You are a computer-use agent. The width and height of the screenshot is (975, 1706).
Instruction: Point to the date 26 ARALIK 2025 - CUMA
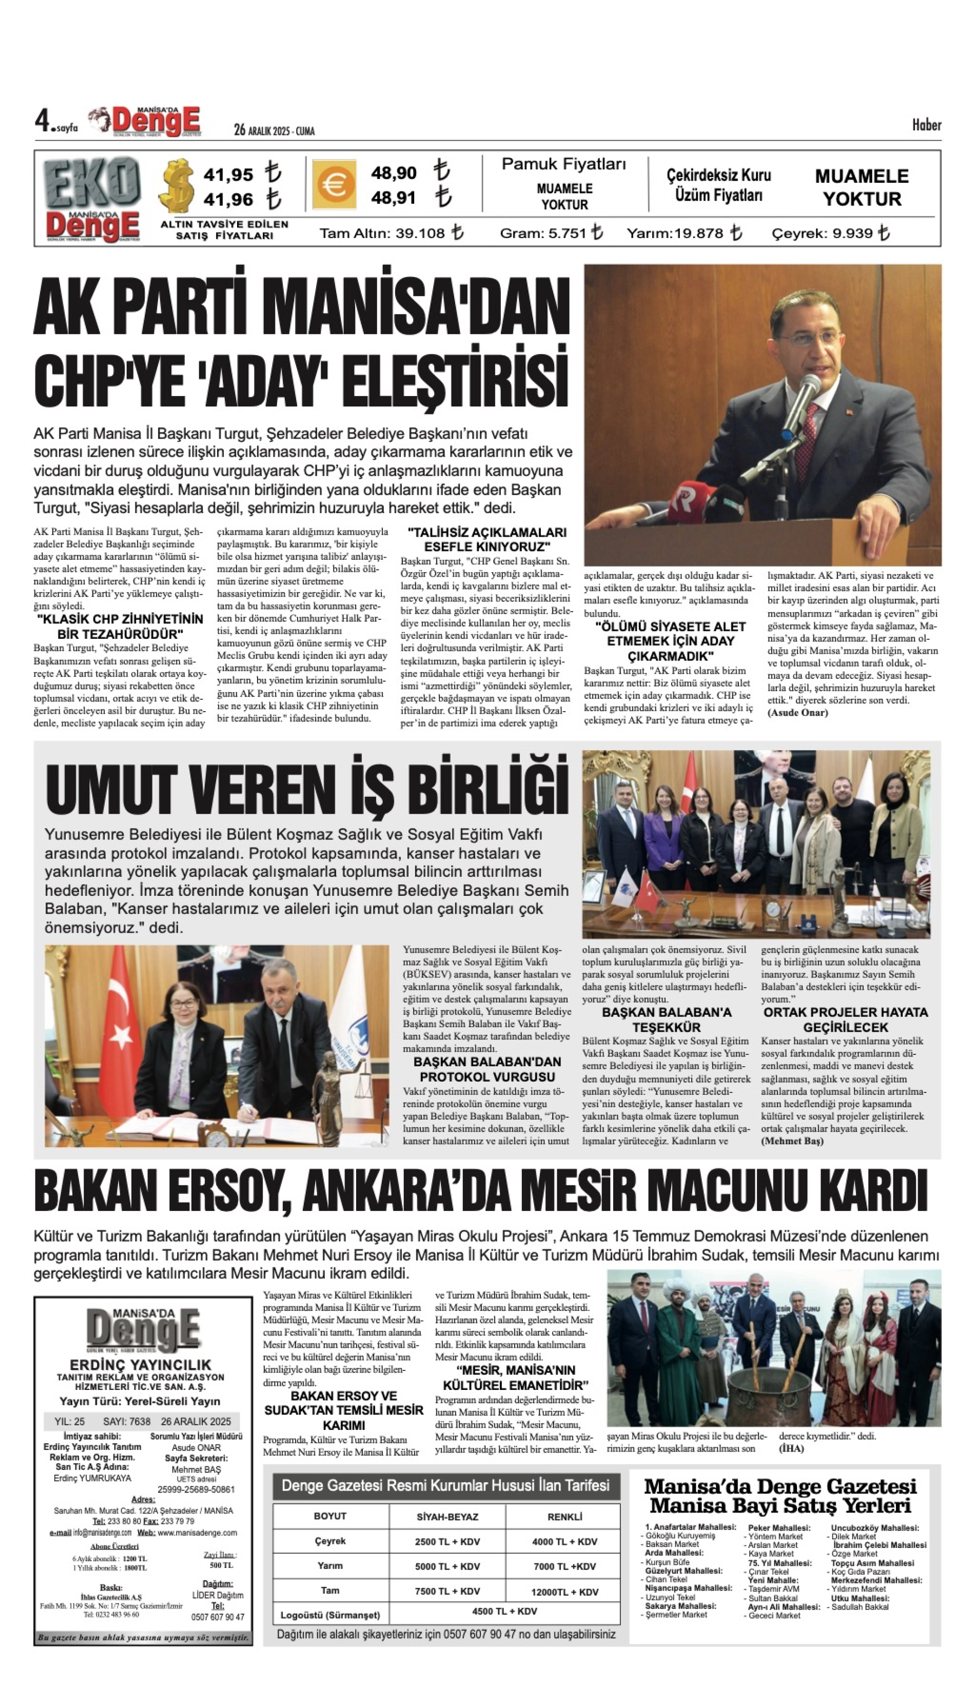274,130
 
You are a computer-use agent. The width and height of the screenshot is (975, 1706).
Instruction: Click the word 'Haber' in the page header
926,125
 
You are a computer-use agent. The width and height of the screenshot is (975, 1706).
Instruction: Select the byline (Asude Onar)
797,712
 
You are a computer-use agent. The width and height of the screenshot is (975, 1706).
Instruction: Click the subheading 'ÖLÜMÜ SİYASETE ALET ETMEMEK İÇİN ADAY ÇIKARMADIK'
670,641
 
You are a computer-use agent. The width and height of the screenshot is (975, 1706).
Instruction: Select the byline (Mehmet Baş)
791,1141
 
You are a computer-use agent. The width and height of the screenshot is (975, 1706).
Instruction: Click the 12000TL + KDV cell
564,1592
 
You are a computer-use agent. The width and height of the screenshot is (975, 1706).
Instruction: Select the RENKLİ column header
564,1517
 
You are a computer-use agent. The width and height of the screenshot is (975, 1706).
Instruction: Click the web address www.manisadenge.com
198,1533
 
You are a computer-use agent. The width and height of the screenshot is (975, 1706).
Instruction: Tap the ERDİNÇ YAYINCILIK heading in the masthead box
141,1364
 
